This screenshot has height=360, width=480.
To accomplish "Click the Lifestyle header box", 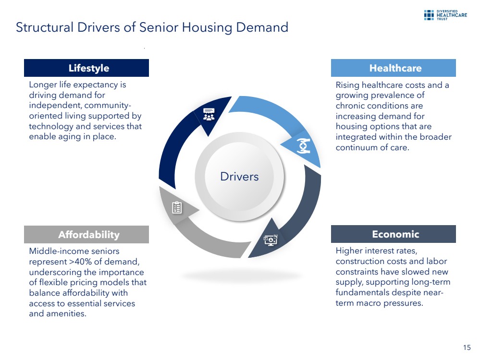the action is point(86,68).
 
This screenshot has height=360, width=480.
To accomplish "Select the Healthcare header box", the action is point(394,68).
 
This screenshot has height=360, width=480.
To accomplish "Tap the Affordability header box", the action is point(86,235).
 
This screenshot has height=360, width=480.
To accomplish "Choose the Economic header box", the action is point(394,234).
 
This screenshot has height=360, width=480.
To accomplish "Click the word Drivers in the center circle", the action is point(239,177).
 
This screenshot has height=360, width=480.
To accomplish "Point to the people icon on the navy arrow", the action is point(209,114).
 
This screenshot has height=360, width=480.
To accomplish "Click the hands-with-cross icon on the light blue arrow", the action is point(303,146).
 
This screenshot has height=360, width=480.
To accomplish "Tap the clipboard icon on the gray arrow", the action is point(177,208).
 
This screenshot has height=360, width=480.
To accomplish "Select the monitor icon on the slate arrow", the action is point(271,240).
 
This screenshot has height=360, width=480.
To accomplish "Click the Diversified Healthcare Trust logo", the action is point(445,15).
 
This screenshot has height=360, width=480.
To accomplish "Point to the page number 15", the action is point(467,348).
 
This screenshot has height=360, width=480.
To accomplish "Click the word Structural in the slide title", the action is point(45,27).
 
